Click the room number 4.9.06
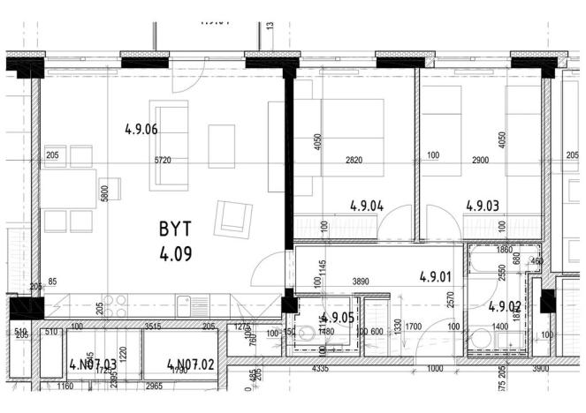pos(141,130)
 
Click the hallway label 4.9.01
pos(436,275)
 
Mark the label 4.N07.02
pos(191,364)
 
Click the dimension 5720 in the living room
pos(163,161)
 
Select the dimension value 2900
pos(482,161)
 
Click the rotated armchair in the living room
pos(232,216)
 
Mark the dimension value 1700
pos(413,327)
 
